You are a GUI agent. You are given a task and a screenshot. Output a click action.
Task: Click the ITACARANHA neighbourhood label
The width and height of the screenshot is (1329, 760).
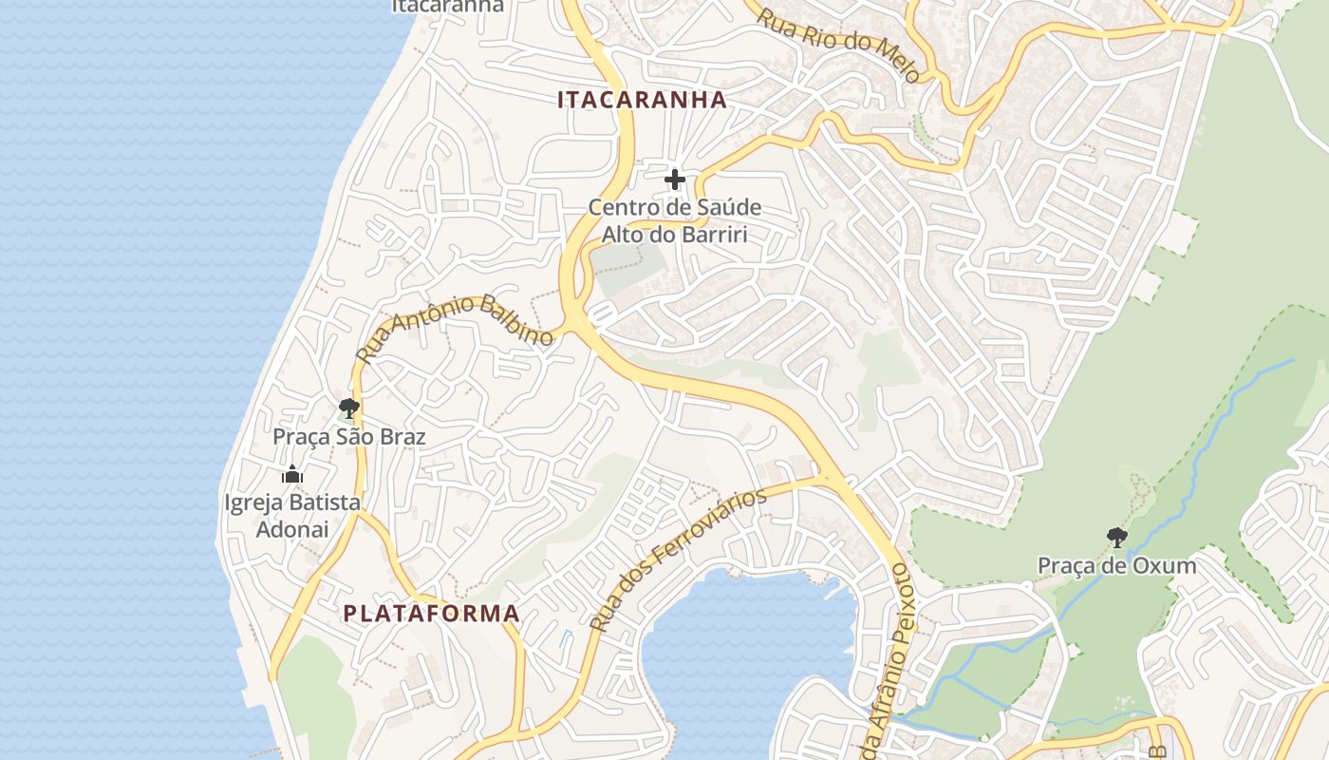(642, 100)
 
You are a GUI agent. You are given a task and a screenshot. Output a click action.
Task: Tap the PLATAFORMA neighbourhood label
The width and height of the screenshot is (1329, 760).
(431, 614)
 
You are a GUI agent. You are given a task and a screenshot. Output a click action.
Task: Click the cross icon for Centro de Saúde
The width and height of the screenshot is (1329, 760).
(675, 179)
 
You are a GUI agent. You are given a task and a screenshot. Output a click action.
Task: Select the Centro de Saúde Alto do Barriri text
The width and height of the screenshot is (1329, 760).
(675, 220)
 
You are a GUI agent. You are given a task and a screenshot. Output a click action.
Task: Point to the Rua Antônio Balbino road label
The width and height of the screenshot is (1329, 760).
(455, 328)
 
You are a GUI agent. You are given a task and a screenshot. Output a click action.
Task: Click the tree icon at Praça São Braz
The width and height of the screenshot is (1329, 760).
(348, 409)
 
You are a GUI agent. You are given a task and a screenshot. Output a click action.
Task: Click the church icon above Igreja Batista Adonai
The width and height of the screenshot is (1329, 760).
(292, 474)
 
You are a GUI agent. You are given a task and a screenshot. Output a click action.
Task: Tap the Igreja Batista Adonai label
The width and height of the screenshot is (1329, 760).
(292, 516)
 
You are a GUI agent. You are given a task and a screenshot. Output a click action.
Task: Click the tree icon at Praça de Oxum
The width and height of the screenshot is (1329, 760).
(1117, 538)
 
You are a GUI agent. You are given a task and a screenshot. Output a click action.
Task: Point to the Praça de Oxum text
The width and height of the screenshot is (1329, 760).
(1116, 566)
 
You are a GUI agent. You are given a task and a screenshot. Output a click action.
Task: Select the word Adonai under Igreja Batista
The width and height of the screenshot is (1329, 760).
(292, 529)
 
